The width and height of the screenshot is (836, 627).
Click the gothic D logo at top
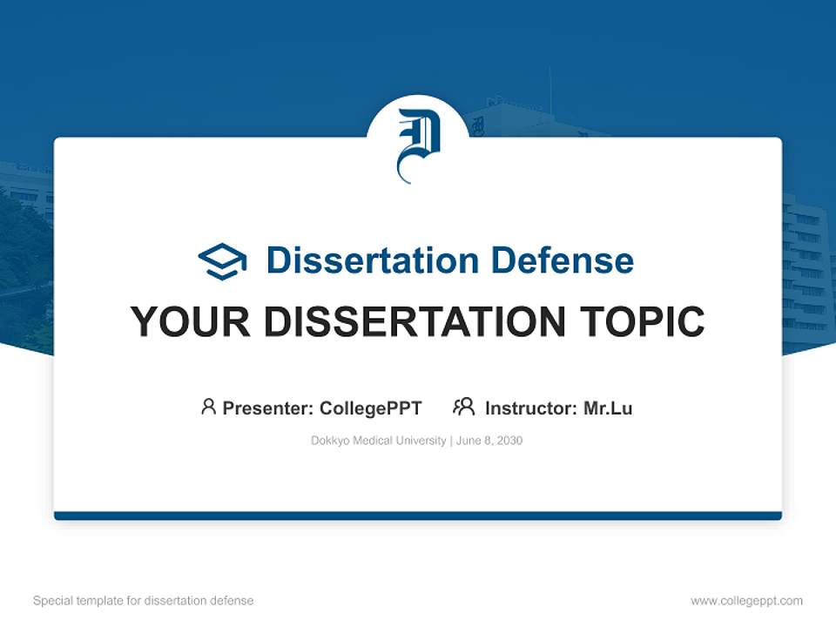tap(418, 144)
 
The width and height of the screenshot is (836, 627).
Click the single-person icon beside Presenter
tap(208, 407)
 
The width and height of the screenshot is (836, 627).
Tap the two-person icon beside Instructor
tap(463, 407)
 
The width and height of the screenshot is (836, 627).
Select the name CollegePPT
tap(370, 408)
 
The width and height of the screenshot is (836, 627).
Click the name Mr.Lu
tap(608, 408)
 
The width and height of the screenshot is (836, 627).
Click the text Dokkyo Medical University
tap(378, 441)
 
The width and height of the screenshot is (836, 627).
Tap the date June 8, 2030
tap(489, 441)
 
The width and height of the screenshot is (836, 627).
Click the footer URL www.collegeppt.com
tap(746, 601)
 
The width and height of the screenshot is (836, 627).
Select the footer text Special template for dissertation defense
tap(144, 601)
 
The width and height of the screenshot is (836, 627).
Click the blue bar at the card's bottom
tap(418, 516)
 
